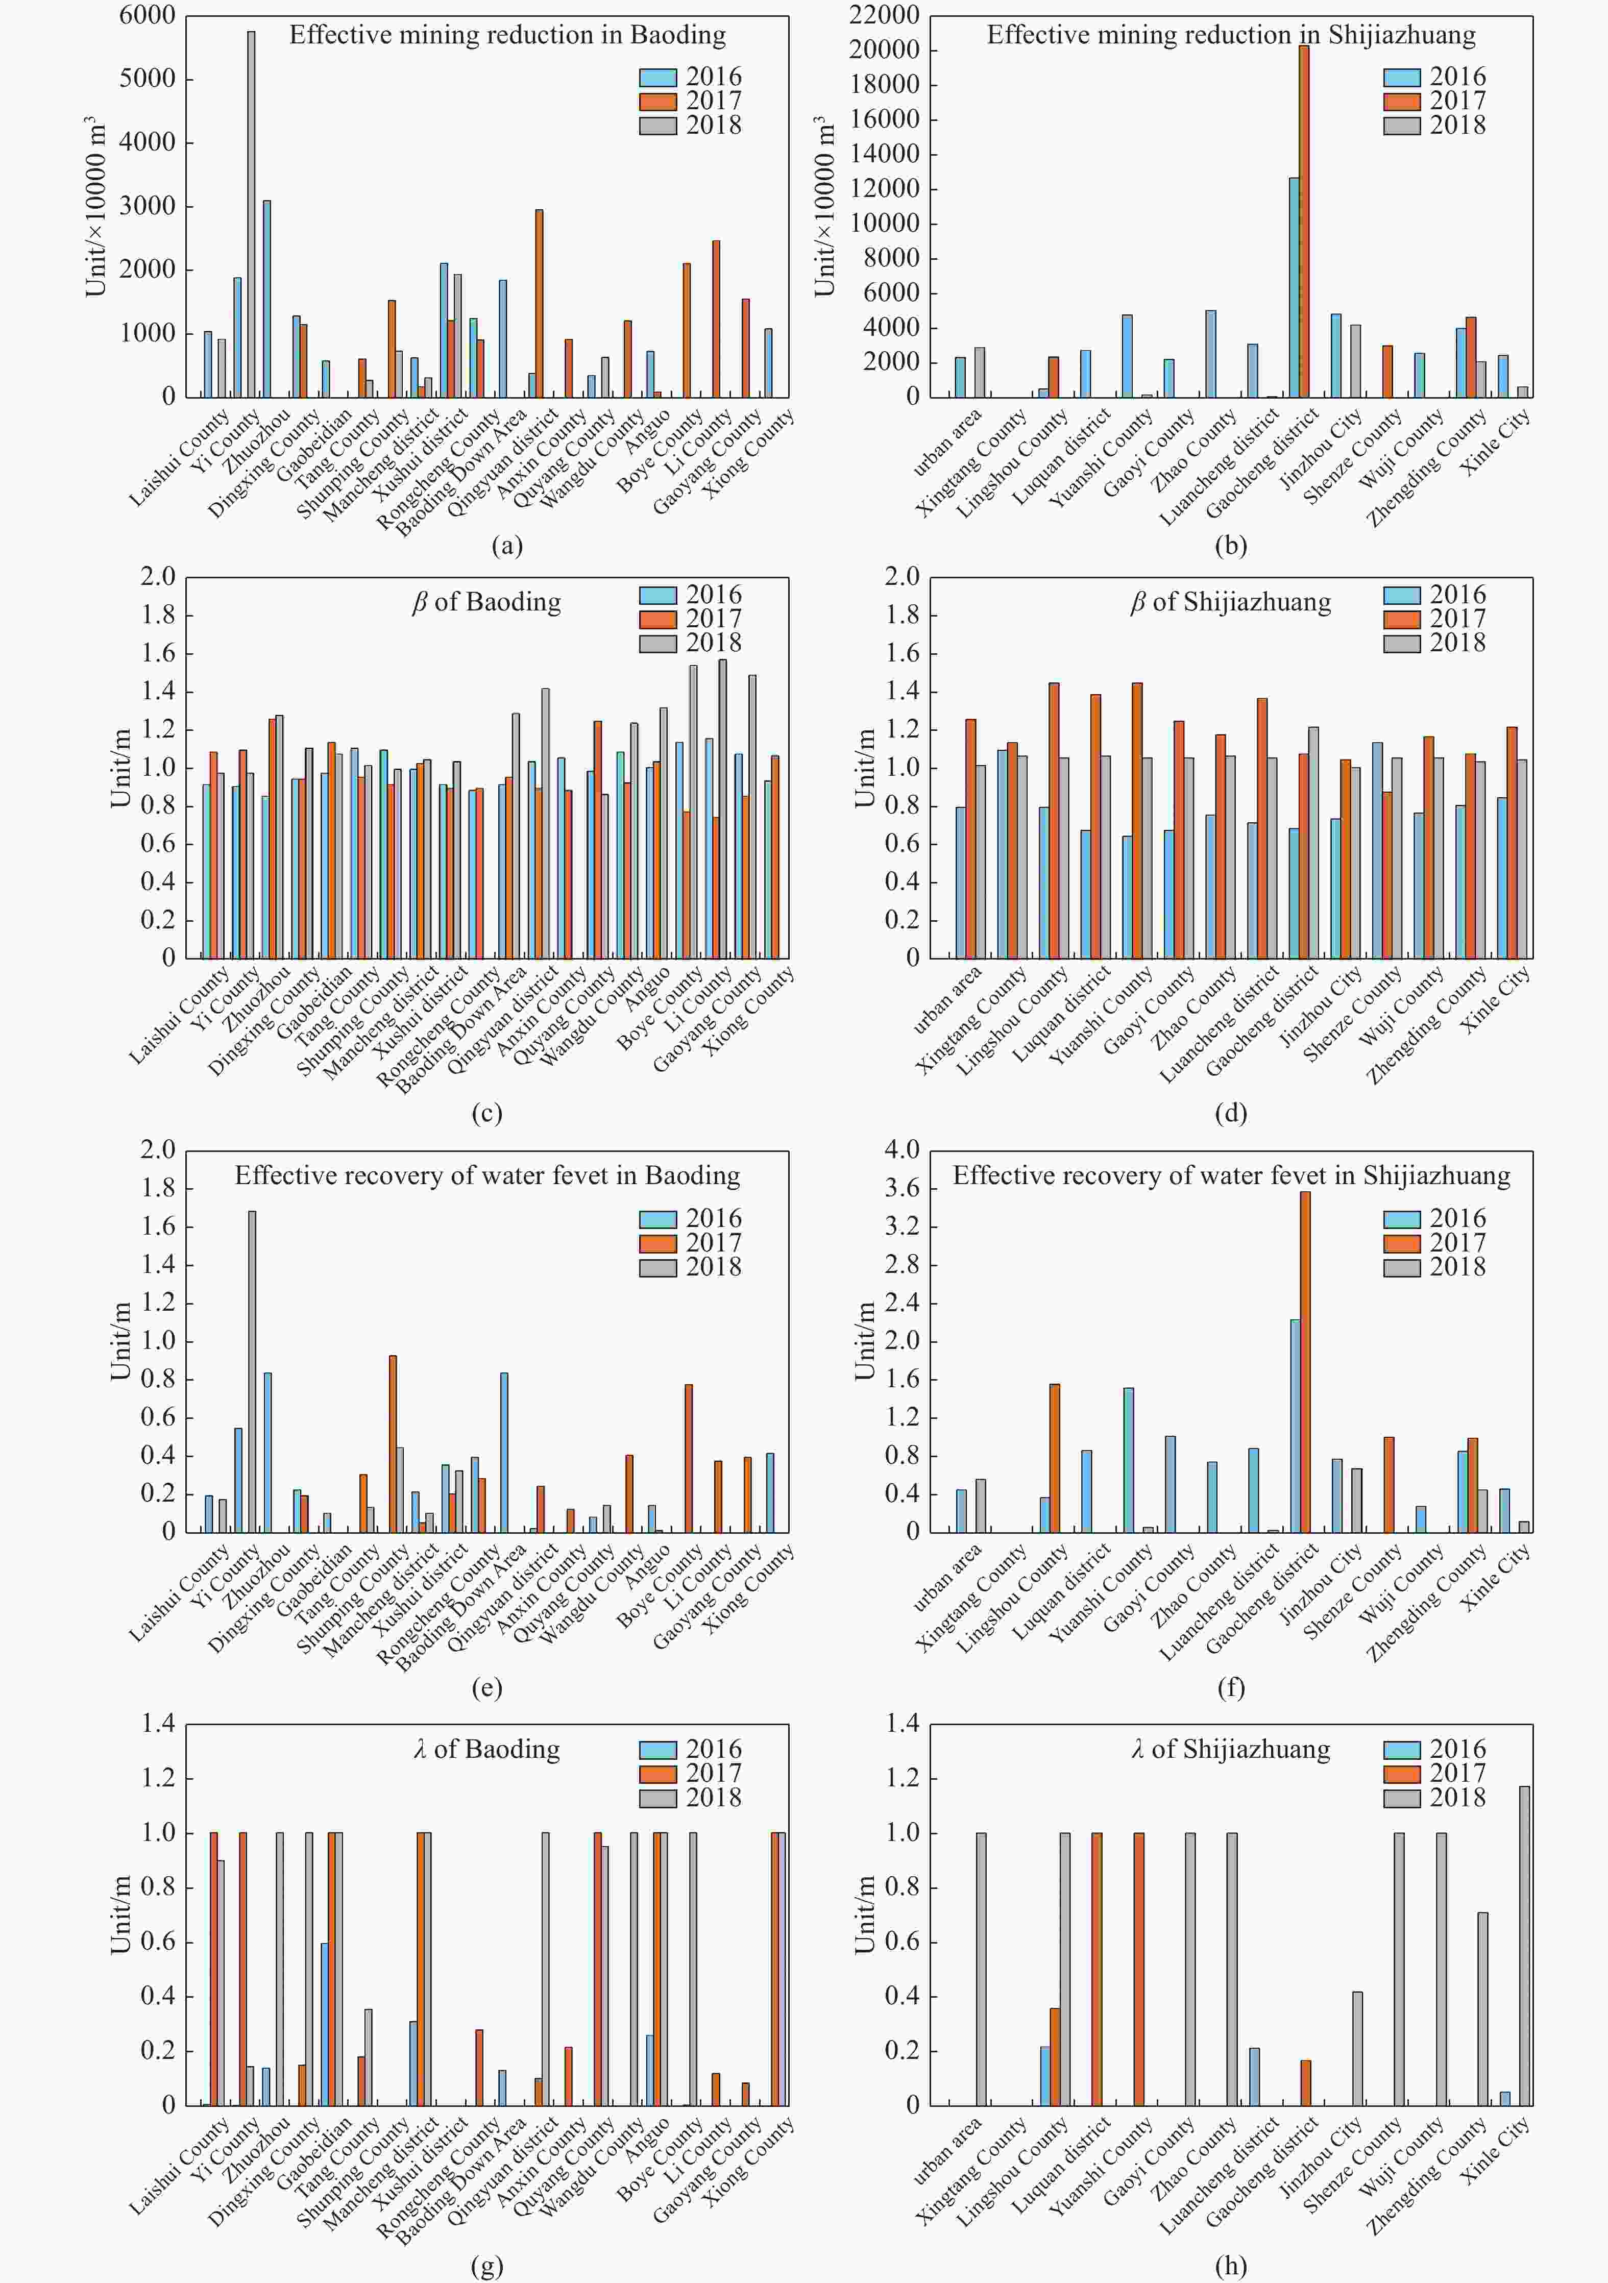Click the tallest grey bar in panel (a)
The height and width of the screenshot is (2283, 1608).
[251, 214]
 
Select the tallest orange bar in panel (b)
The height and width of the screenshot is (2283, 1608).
[1304, 220]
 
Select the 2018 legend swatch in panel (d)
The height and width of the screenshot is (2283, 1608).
[1401, 643]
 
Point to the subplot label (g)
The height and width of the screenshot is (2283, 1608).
[486, 2266]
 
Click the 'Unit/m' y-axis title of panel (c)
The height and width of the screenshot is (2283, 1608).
[120, 768]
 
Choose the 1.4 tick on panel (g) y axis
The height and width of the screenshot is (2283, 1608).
[158, 1723]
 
